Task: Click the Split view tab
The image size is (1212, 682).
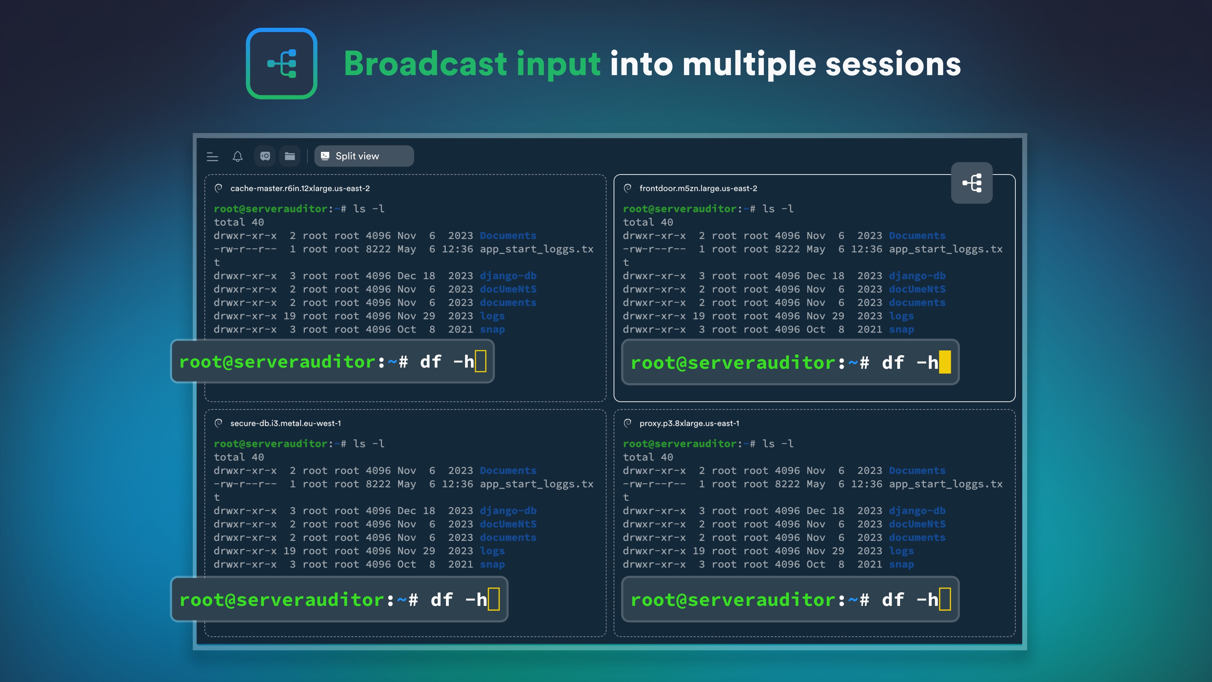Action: tap(364, 156)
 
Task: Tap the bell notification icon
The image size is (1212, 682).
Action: tap(238, 156)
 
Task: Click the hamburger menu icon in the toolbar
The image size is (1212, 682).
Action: tap(213, 157)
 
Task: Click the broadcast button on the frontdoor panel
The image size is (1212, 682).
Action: tap(971, 183)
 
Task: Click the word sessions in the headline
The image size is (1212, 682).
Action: tap(893, 64)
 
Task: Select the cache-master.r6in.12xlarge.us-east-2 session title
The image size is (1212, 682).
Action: tap(300, 188)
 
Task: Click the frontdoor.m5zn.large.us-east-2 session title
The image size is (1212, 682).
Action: tap(698, 188)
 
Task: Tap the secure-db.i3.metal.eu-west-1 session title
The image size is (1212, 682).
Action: tap(286, 423)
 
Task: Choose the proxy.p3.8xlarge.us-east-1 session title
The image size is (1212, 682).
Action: tap(689, 423)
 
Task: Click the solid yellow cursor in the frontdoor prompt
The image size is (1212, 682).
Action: tap(945, 362)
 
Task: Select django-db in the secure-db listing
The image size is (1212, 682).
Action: tap(508, 511)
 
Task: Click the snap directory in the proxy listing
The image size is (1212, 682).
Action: tap(901, 564)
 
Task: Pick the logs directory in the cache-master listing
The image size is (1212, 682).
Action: tap(492, 316)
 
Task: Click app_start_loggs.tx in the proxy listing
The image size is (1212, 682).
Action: tap(946, 484)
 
